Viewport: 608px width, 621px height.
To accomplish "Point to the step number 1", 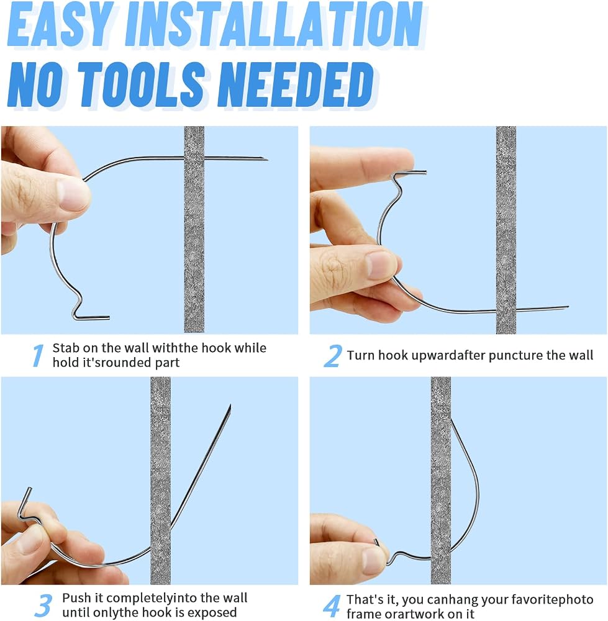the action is click(x=38, y=355).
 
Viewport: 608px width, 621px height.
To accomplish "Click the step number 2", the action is click(x=333, y=355).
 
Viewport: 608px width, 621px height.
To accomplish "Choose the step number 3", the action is click(x=43, y=605).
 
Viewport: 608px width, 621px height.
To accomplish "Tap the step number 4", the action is click(x=332, y=606).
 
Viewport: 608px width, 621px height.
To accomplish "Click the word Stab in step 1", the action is click(x=66, y=348).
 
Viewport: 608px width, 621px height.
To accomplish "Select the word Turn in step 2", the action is click(x=361, y=355).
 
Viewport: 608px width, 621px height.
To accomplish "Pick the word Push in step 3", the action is click(x=77, y=597).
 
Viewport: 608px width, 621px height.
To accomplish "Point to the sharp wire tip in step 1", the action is click(x=268, y=160).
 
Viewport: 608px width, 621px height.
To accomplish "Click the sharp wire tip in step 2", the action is click(x=568, y=307).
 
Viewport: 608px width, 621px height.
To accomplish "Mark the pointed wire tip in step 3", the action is click(x=230, y=406).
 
